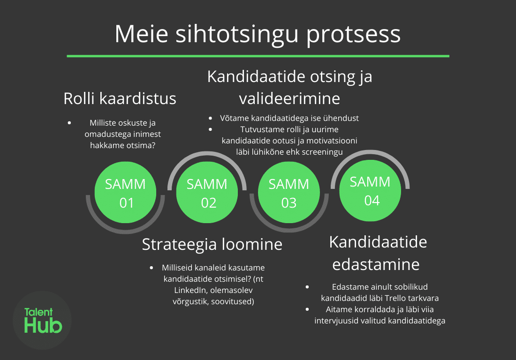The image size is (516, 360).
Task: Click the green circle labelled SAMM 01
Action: click(x=125, y=192)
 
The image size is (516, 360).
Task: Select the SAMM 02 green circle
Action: click(x=207, y=192)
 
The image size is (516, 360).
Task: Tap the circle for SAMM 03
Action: click(x=289, y=192)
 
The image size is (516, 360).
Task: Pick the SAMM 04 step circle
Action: click(x=370, y=191)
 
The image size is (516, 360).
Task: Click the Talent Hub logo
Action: click(x=42, y=320)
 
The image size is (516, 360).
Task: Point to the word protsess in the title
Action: click(x=353, y=35)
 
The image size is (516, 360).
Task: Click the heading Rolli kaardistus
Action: click(x=120, y=98)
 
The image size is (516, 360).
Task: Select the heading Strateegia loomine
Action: click(x=212, y=244)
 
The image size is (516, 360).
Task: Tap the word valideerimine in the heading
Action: click(x=289, y=98)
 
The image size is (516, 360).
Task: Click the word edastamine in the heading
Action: click(x=376, y=264)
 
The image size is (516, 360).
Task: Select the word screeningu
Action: click(x=322, y=152)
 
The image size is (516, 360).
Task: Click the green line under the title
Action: click(x=258, y=56)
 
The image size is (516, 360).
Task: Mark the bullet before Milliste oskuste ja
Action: click(x=69, y=123)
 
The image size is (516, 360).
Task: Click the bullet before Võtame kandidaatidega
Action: click(x=210, y=118)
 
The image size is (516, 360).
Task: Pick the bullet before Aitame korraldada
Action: click(x=307, y=309)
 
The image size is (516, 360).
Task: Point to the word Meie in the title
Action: click(x=142, y=34)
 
